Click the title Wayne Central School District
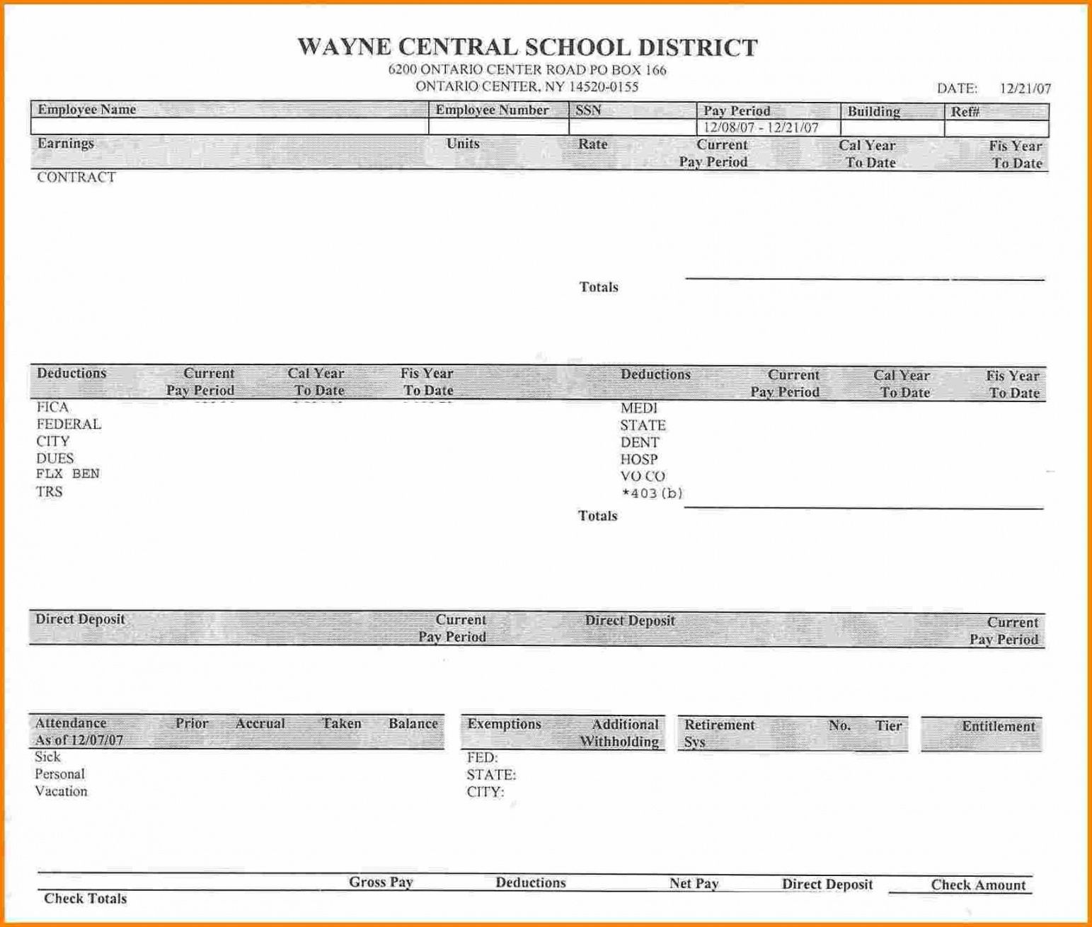coord(527,47)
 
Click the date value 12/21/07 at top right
coord(1025,88)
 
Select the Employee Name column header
coord(86,110)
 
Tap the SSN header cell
coord(588,110)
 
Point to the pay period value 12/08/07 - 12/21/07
coord(761,128)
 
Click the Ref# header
coord(965,112)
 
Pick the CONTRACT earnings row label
coord(76,178)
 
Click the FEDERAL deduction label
coord(69,425)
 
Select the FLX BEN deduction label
coord(68,474)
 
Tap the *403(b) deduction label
coord(651,493)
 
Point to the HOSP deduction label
coord(639,459)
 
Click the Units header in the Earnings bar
coord(463,144)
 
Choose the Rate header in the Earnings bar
coord(592,144)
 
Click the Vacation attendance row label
coord(61,791)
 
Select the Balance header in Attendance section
coord(413,724)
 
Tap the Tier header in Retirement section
coord(888,726)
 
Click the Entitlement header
coord(998,727)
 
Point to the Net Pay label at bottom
coord(694,883)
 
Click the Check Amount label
coord(978,885)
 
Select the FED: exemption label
coord(482,758)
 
